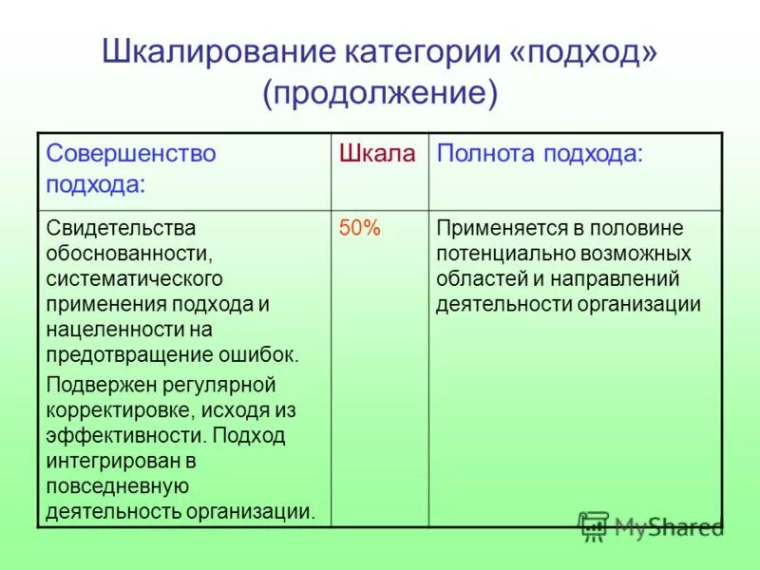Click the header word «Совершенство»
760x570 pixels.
131,154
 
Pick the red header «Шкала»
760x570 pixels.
378,154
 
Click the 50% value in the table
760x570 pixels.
359,229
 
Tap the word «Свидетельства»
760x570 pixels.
121,229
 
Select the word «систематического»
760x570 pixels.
134,280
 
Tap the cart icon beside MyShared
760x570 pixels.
593,525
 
